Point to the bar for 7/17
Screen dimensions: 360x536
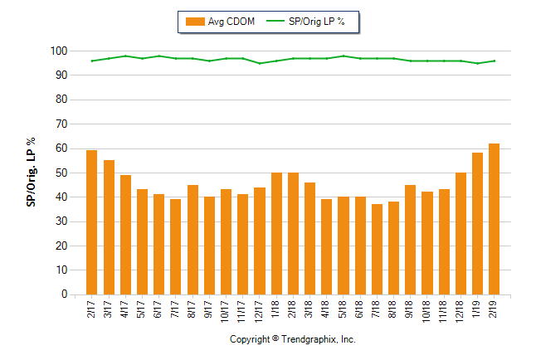click(175, 246)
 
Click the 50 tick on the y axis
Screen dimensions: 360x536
click(61, 173)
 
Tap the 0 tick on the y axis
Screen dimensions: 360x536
click(63, 294)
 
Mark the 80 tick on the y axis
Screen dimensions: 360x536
click(61, 100)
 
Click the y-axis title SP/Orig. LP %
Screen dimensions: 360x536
click(31, 173)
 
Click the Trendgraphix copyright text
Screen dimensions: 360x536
click(292, 340)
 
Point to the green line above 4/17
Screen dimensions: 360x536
click(125, 56)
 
